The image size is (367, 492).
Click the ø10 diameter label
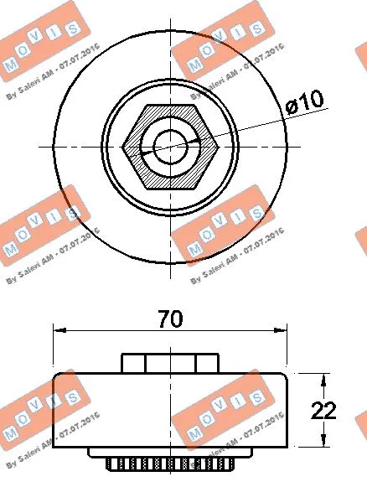(303, 102)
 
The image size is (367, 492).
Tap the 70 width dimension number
(170, 319)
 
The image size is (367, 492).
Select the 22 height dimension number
(323, 410)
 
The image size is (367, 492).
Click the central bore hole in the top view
(171, 146)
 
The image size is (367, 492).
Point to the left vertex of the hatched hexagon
(124, 146)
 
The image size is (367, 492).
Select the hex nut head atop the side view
(170, 362)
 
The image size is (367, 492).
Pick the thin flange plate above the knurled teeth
(170, 453)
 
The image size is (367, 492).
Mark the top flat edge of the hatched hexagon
(171, 106)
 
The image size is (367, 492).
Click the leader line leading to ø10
(251, 123)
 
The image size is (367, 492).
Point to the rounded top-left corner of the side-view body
(57, 376)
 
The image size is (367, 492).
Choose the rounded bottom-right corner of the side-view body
(284, 443)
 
